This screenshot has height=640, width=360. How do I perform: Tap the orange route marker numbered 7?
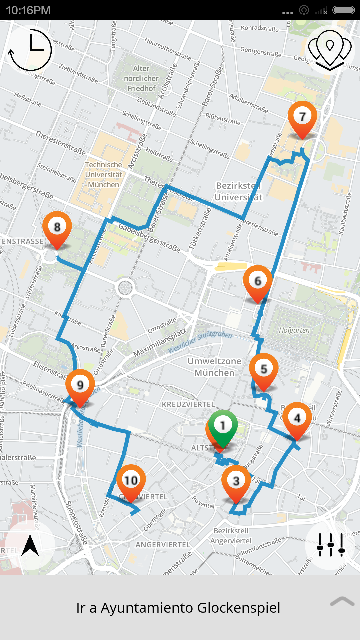(302, 117)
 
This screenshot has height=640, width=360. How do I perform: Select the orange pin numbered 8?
(57, 227)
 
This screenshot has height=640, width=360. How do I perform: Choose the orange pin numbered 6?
(258, 281)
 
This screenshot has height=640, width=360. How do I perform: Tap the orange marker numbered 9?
(80, 385)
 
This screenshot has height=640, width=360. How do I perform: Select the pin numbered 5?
(264, 369)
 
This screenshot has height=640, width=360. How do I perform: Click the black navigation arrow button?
(30, 545)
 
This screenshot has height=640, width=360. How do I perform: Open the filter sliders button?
(330, 545)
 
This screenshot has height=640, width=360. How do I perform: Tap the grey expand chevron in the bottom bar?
(342, 602)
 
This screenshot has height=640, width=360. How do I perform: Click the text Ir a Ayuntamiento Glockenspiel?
(178, 608)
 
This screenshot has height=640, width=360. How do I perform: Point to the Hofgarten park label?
(294, 330)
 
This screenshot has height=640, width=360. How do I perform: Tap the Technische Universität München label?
(103, 175)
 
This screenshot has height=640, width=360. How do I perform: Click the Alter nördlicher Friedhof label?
(141, 78)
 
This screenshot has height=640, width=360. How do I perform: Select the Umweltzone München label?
(214, 367)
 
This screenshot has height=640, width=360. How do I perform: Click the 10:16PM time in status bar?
(28, 10)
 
